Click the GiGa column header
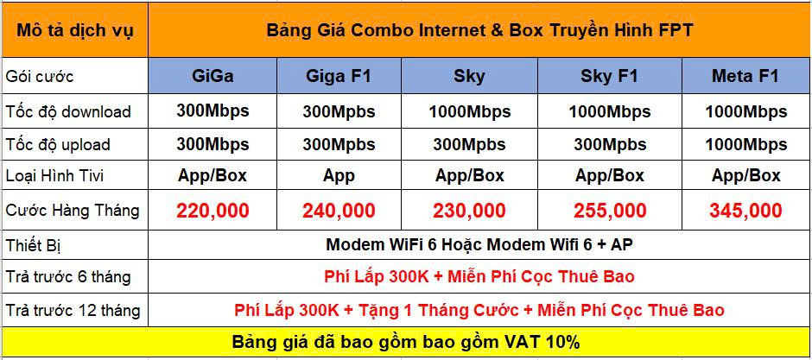(213, 76)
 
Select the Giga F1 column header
(339, 76)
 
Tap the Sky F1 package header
(610, 76)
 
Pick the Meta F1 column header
(745, 76)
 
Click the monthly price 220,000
(213, 211)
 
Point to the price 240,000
(339, 211)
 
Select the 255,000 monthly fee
(610, 211)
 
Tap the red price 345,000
(745, 211)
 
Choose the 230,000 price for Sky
(469, 211)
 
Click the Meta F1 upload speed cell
(745, 144)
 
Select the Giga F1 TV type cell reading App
(339, 176)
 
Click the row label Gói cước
(40, 77)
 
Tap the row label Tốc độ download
(68, 111)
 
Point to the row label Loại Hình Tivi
(55, 176)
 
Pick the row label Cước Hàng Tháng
(73, 211)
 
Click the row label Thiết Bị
(34, 245)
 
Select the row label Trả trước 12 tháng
(73, 310)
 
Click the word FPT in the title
(676, 30)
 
